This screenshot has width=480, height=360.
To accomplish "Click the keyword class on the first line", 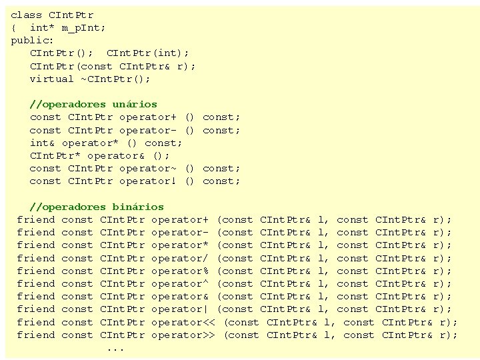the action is [x=27, y=15].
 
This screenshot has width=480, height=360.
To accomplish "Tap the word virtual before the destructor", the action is [x=52, y=79].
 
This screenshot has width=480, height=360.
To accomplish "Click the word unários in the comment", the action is [x=135, y=104].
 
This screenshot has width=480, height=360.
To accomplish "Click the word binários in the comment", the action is [x=138, y=207].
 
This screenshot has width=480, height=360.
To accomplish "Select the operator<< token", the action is [x=183, y=322].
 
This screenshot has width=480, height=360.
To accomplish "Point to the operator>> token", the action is [x=183, y=335].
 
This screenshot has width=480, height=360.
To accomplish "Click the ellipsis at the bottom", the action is [x=115, y=349].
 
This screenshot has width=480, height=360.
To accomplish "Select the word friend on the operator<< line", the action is [x=36, y=322].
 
